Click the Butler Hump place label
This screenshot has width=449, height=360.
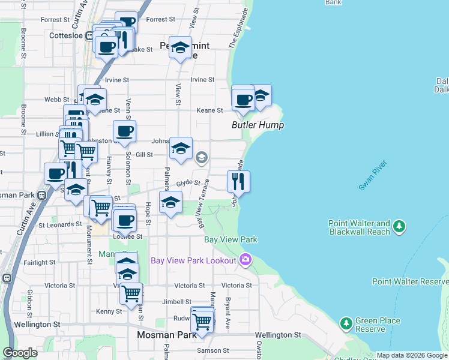258,125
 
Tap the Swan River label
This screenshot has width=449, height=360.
372,176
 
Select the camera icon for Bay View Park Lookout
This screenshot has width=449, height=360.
245,260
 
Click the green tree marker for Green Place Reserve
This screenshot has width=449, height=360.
346,324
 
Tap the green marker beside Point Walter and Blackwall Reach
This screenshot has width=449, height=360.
399,227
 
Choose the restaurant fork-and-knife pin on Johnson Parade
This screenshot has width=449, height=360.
238,181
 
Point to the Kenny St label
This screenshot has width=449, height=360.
109,311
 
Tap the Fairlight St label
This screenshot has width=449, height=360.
40,262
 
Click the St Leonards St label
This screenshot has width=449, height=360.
60,225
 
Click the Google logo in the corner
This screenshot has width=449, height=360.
20,353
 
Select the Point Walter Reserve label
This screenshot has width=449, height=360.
409,281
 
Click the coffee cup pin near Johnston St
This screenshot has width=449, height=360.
124,131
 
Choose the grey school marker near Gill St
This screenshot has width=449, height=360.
201,158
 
